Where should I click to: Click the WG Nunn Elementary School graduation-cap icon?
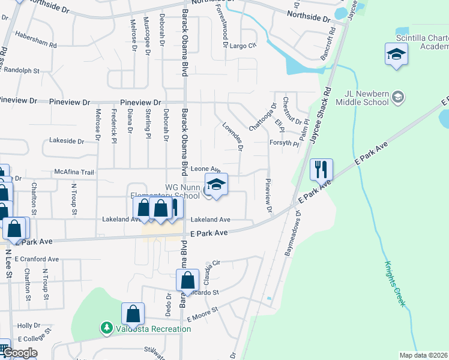(217, 185)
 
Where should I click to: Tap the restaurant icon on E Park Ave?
(321, 169)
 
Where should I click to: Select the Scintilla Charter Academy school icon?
(396, 55)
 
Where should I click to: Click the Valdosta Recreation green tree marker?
(106, 328)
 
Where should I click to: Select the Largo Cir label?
(243, 45)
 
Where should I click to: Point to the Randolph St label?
(24, 70)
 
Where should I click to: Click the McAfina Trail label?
(74, 172)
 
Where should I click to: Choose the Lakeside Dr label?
(67, 141)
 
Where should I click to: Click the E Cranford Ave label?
(37, 259)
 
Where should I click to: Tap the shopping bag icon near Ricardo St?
(188, 280)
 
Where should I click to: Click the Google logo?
(20, 353)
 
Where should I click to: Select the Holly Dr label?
(28, 325)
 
